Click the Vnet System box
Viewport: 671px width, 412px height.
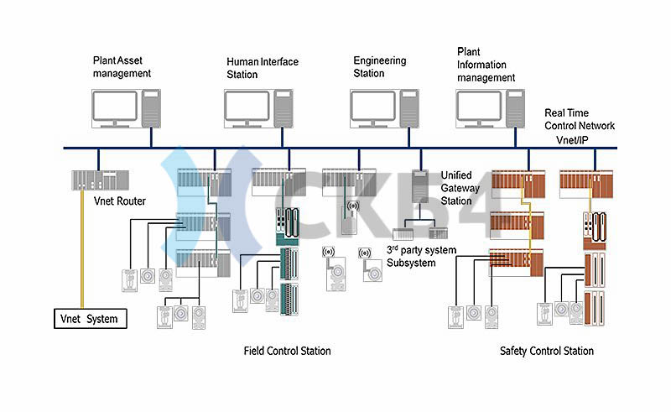[91, 319]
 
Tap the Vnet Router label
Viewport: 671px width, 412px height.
[120, 201]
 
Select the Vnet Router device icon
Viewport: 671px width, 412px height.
[100, 180]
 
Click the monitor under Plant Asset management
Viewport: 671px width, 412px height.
[115, 109]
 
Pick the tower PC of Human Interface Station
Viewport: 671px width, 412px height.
[283, 108]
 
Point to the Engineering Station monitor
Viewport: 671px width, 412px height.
[373, 109]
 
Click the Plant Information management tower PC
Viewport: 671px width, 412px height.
[515, 108]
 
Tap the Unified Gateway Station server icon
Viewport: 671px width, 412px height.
[420, 186]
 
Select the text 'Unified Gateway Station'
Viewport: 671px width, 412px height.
[460, 188]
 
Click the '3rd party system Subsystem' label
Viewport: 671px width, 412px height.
[422, 256]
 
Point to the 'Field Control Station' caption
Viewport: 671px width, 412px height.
[287, 352]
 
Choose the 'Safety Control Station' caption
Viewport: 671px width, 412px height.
[547, 352]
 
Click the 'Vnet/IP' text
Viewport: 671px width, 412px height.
[572, 140]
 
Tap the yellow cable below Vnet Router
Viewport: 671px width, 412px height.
[81, 249]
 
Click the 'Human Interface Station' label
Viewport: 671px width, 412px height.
[263, 68]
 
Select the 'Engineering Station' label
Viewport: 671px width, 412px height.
[380, 67]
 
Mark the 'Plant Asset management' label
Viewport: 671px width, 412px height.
[122, 67]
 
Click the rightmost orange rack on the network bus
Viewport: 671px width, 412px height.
[586, 184]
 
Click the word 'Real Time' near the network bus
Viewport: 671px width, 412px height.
[566, 112]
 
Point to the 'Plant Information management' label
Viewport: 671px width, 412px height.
[486, 65]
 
